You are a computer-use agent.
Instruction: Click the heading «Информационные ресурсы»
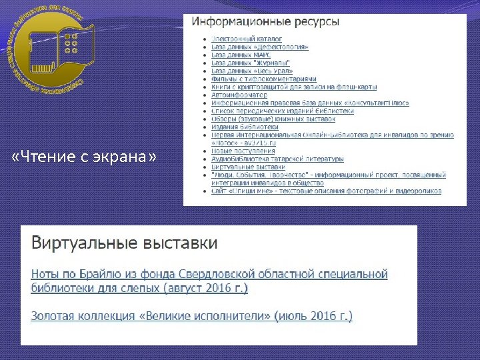(265, 21)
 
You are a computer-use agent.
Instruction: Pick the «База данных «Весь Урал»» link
(252, 71)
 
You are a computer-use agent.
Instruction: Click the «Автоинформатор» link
(239, 95)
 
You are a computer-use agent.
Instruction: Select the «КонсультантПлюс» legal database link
(310, 103)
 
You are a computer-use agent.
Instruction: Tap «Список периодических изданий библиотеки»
(283, 111)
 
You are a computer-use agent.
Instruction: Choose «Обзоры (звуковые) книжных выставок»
(273, 119)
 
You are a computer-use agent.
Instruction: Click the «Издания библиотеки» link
(245, 127)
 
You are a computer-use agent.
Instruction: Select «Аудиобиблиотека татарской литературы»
(277, 159)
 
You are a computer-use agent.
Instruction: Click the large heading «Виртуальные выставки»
(124, 242)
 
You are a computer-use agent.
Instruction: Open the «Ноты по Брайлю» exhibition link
(209, 281)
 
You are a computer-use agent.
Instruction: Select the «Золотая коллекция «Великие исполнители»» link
(192, 316)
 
